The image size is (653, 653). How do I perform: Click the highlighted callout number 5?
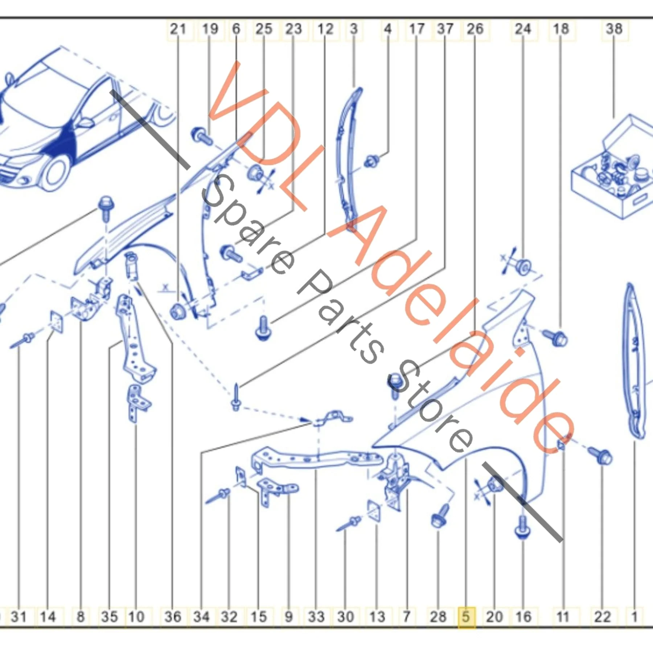tap(466, 616)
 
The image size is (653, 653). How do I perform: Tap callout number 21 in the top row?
tap(178, 29)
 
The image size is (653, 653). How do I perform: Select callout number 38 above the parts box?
tap(614, 29)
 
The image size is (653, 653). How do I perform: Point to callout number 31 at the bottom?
tap(19, 616)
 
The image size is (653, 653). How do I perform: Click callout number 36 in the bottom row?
tap(173, 616)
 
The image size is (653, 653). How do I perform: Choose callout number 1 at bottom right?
tap(634, 616)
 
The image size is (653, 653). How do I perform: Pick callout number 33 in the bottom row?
tap(316, 616)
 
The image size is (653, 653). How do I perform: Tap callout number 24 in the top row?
tap(523, 29)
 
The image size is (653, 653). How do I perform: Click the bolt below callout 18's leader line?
tap(555, 338)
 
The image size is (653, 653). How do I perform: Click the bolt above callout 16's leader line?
tap(522, 526)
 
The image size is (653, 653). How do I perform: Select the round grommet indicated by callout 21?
tap(177, 311)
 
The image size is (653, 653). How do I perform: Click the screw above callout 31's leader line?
tap(22, 340)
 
